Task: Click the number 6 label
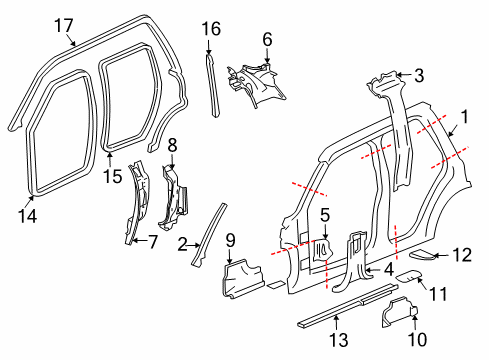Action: click(x=266, y=39)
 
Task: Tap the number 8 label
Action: click(x=172, y=145)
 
